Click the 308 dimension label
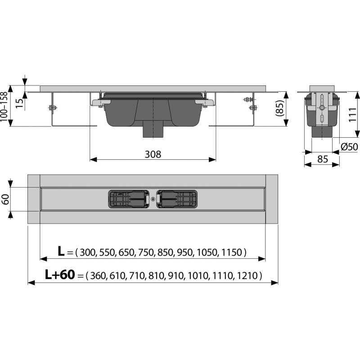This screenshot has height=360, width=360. click(x=153, y=154)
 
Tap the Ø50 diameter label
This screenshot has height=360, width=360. click(x=349, y=147)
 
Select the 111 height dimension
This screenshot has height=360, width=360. click(x=353, y=114)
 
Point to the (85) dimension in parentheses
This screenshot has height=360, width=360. click(x=279, y=108)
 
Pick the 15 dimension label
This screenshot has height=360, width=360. click(x=20, y=103)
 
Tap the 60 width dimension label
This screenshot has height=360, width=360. click(x=5, y=199)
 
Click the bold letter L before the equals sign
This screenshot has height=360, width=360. click(x=61, y=251)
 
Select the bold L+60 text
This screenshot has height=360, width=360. click(x=60, y=274)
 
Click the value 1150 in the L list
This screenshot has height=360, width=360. click(x=232, y=252)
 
